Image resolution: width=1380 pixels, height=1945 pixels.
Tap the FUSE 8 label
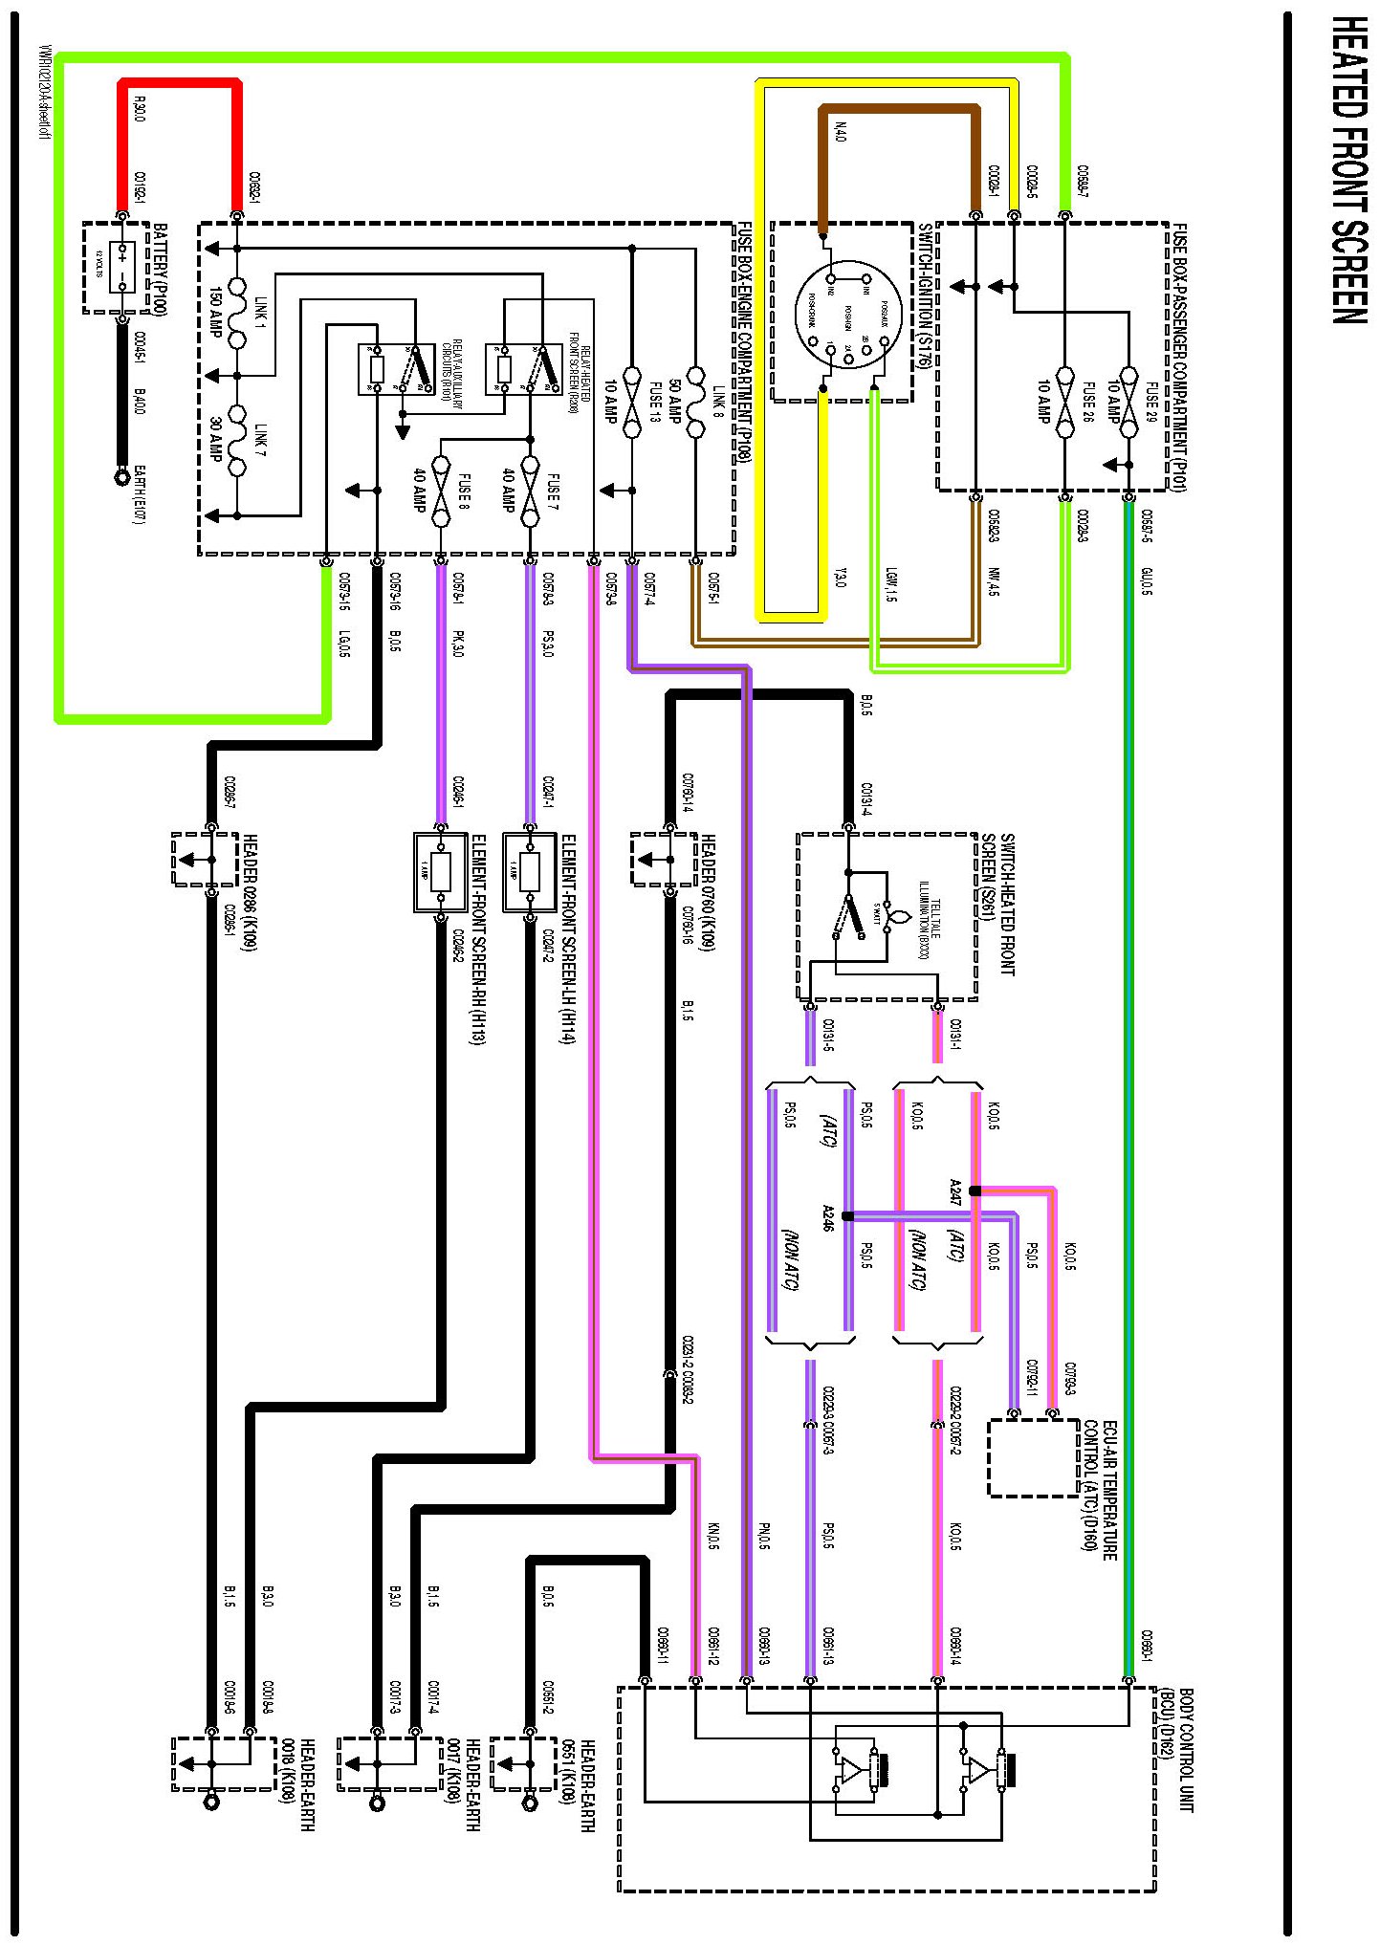463,492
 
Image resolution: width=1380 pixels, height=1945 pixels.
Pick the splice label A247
954,1191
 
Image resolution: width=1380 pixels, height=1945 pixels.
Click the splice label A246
828,1217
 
